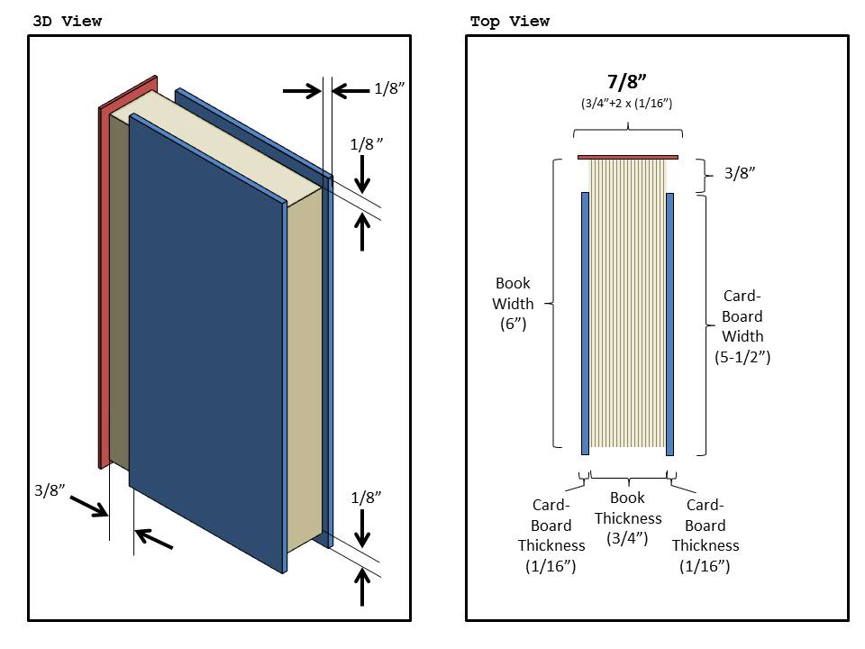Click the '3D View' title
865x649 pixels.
[x=67, y=21]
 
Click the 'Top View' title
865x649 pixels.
[x=509, y=21]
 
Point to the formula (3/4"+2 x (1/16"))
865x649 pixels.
[x=627, y=105]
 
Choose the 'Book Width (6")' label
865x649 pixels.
[x=513, y=304]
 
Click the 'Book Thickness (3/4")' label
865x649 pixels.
[x=627, y=518]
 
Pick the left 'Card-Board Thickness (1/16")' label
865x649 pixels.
[x=551, y=535]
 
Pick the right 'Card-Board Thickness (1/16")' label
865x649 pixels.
[x=706, y=535]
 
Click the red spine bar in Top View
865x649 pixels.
[x=627, y=158]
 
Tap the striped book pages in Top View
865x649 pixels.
[x=627, y=306]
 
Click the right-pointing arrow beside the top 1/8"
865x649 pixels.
[x=301, y=90]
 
